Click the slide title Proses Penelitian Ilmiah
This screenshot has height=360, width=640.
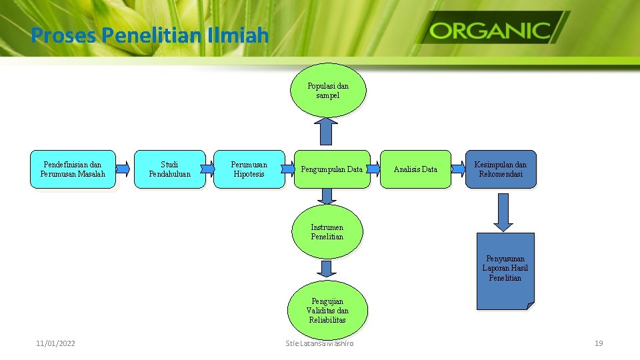(x=149, y=34)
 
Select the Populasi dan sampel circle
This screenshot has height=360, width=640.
(x=328, y=91)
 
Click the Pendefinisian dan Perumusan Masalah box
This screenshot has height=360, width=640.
(x=73, y=169)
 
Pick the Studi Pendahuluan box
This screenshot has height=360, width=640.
(x=169, y=169)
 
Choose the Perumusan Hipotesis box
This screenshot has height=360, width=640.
(x=249, y=169)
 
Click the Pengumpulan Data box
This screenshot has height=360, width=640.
(x=331, y=169)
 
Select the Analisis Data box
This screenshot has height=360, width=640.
(x=415, y=169)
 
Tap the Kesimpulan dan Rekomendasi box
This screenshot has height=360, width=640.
(x=500, y=169)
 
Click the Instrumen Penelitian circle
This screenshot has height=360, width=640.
(x=327, y=232)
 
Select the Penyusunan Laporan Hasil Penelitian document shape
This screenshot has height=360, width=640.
(x=505, y=269)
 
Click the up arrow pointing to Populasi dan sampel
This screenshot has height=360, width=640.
(x=326, y=131)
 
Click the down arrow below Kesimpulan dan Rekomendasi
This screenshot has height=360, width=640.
(x=503, y=213)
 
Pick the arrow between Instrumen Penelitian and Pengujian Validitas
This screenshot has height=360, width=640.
(x=326, y=269)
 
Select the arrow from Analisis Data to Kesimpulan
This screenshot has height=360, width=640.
(x=457, y=169)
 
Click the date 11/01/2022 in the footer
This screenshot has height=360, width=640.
(x=55, y=343)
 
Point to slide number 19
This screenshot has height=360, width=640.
(x=598, y=343)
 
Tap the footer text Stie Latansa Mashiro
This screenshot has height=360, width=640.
(x=319, y=343)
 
